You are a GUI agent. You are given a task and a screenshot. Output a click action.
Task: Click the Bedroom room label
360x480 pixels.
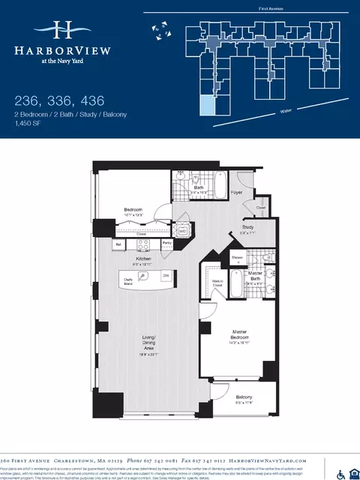(x=134, y=210)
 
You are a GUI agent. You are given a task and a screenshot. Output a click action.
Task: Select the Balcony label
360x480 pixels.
(x=244, y=397)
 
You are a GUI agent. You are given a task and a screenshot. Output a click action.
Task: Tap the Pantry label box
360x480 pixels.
(x=167, y=244)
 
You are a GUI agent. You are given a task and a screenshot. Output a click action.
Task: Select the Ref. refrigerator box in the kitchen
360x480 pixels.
(x=118, y=244)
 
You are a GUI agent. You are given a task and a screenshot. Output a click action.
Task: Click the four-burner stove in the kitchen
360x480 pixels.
(x=143, y=244)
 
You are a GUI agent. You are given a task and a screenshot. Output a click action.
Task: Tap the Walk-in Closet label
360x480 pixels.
(x=219, y=283)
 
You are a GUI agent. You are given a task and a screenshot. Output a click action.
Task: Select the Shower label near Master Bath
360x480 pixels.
(x=238, y=256)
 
